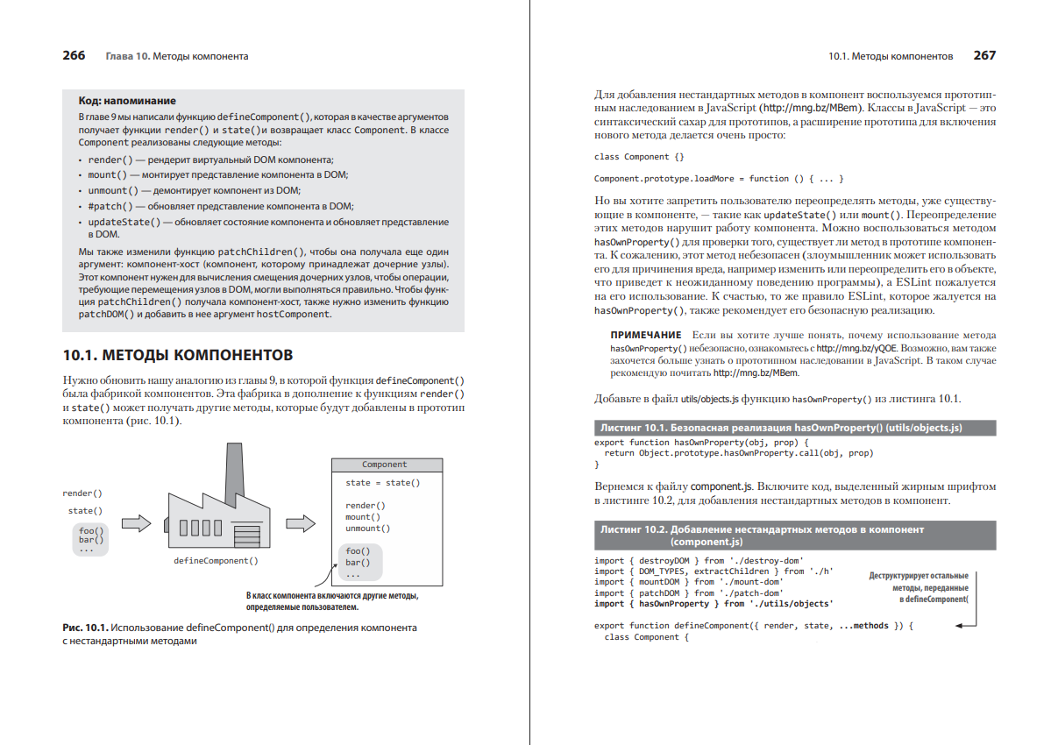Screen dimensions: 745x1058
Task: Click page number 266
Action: click(74, 55)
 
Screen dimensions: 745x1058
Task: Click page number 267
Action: click(984, 55)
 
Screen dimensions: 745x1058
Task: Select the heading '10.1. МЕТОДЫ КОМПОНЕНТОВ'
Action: click(177, 355)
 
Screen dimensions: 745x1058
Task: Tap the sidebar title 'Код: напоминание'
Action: click(127, 101)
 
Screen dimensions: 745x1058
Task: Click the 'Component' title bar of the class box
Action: click(384, 465)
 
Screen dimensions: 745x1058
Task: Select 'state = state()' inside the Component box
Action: click(382, 483)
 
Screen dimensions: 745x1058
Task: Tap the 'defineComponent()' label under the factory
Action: click(216, 560)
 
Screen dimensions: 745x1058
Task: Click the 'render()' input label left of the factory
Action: click(82, 493)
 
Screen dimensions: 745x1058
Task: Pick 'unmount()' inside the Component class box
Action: click(367, 529)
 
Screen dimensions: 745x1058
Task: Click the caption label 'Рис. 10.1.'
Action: click(85, 628)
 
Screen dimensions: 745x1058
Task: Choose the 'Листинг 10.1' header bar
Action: click(794, 428)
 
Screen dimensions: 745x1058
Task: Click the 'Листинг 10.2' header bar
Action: click(794, 536)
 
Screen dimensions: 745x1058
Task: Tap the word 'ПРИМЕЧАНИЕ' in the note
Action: click(645, 336)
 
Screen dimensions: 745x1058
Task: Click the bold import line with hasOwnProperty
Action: click(714, 604)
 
